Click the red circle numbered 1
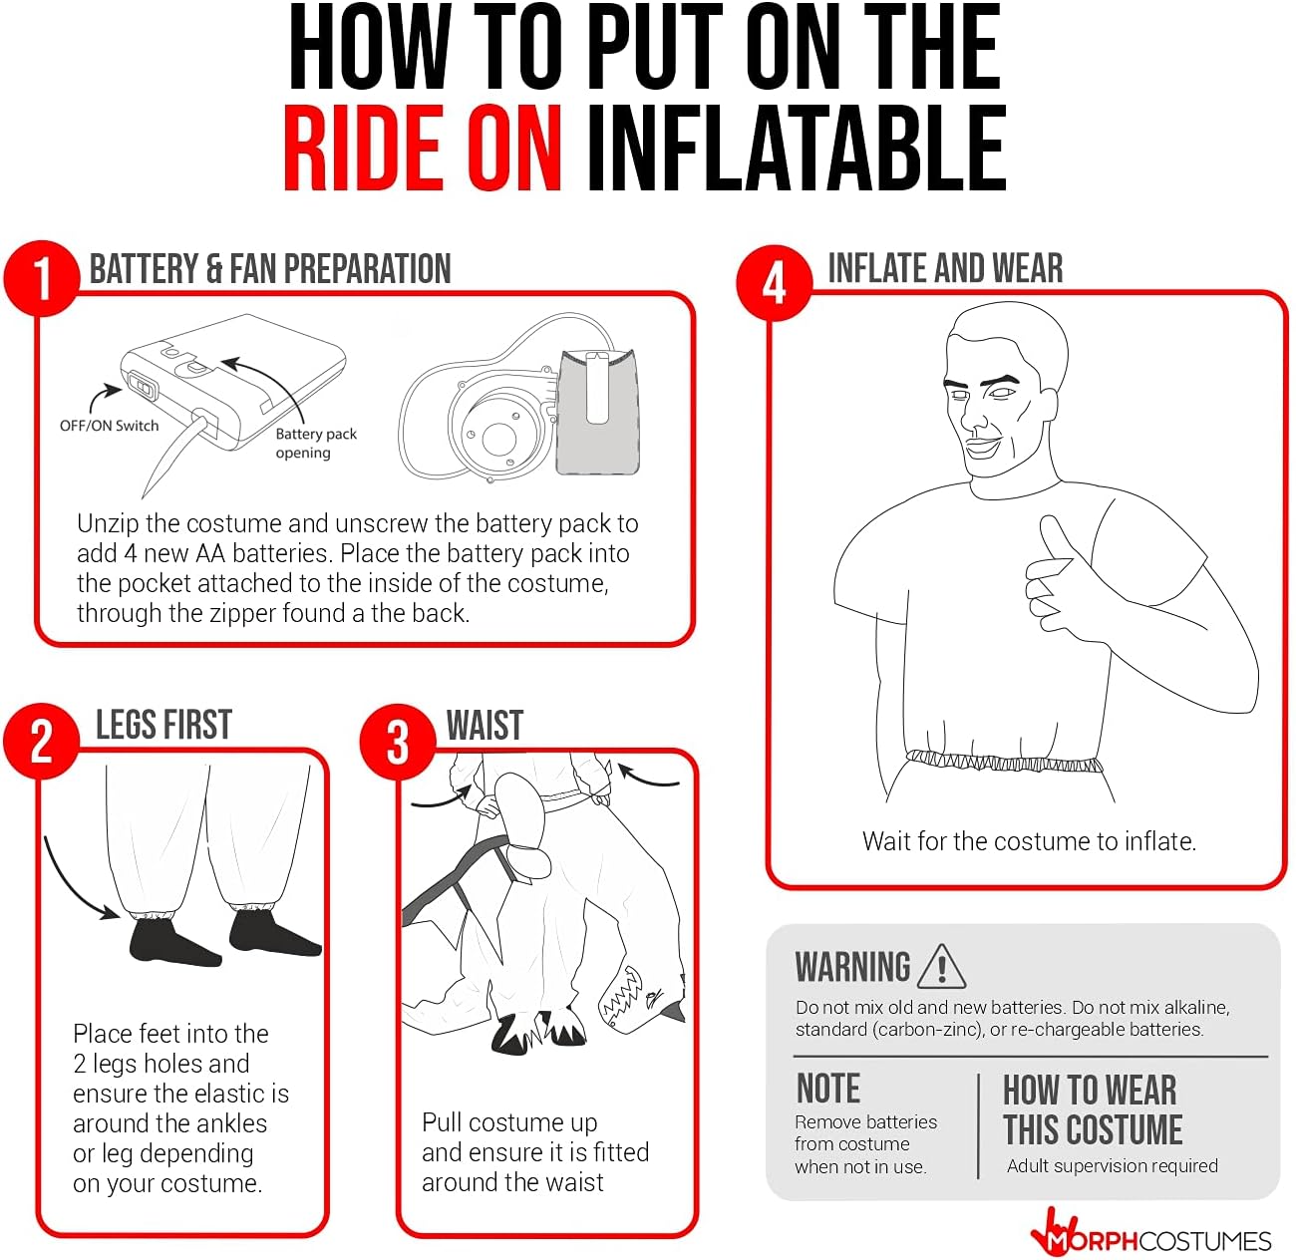pos(42,278)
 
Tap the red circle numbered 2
pos(41,741)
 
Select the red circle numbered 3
pos(398,742)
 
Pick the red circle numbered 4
pos(774,283)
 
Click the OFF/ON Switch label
pos(110,426)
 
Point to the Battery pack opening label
pos(316,443)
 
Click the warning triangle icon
pos(941,966)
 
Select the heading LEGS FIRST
pos(163,725)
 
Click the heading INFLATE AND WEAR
pos(945,268)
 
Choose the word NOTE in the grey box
pos(828,1089)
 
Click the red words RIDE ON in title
pos(423,148)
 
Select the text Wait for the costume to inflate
pos(1029,841)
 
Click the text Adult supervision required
pos(1113,1165)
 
